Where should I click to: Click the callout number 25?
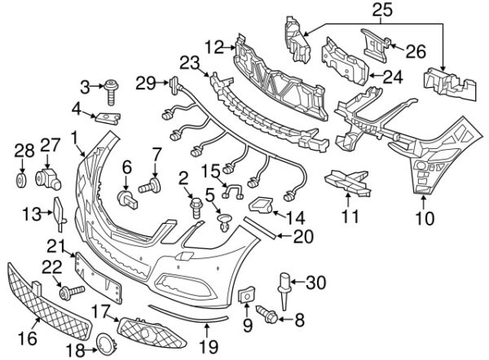382,11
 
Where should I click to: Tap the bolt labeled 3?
112,92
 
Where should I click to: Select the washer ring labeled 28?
21,181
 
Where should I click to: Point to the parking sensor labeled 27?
48,180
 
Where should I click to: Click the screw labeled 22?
72,292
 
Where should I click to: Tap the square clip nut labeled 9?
247,294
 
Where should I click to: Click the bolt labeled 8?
267,314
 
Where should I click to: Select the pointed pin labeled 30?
284,291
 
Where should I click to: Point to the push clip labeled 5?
225,223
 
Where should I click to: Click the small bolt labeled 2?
196,207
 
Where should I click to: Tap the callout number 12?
214,48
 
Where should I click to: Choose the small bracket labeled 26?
376,46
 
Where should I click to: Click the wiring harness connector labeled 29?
174,85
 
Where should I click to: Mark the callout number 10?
425,218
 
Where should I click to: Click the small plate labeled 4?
108,118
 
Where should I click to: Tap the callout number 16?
28,339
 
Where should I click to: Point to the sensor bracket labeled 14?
261,205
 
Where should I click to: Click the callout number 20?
303,237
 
